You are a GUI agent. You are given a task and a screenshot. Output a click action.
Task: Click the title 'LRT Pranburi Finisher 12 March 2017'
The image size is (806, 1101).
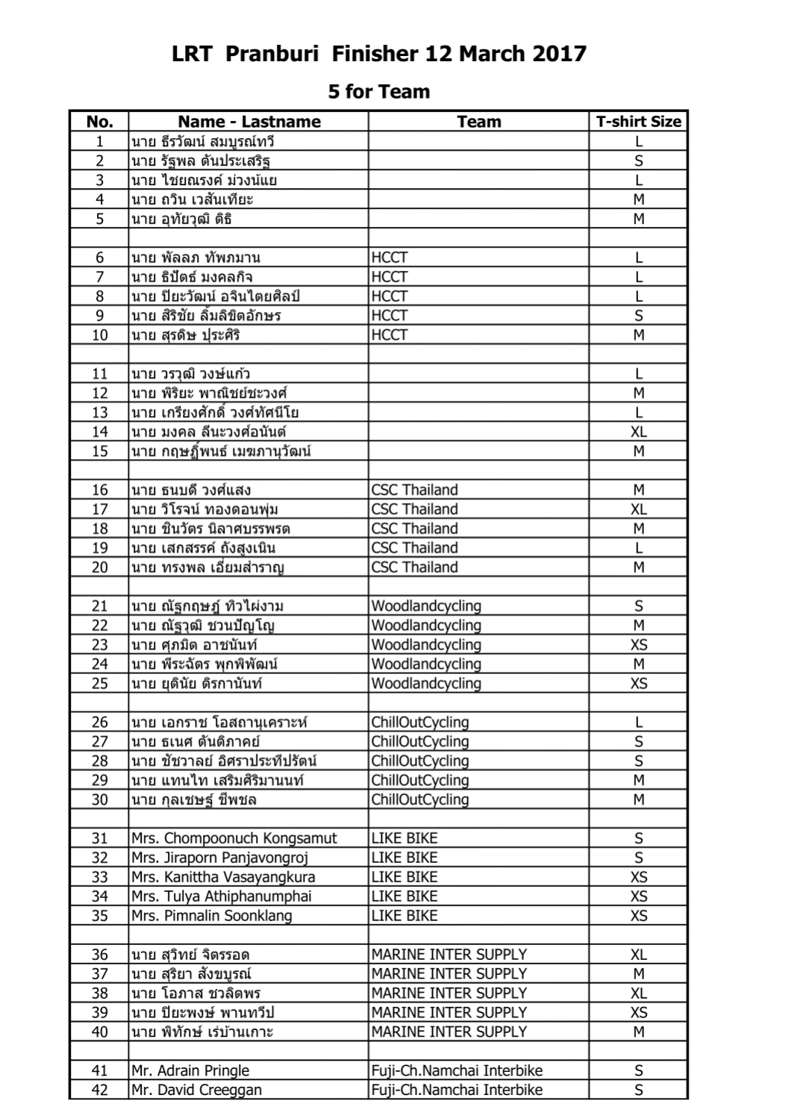coord(379,54)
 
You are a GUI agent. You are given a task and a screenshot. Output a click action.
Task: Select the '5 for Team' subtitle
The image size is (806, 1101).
coord(379,92)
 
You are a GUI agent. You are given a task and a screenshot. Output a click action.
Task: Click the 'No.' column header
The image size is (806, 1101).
coord(99,122)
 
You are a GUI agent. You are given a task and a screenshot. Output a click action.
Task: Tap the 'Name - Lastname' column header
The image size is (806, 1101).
coord(249,122)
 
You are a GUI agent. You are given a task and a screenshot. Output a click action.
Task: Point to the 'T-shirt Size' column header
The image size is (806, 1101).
coord(638,122)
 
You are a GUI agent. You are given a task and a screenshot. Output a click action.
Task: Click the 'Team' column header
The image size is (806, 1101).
coord(478,122)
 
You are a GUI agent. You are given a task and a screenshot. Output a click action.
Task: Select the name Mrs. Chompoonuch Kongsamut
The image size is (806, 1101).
coord(234,838)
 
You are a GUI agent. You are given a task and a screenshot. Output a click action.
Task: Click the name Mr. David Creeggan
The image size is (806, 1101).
coord(196,1090)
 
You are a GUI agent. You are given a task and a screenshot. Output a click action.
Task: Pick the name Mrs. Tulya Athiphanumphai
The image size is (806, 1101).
coord(222,896)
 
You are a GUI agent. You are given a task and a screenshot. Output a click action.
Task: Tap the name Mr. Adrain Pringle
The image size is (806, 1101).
coord(190,1070)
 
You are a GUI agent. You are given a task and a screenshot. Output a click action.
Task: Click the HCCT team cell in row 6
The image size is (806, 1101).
coord(390,258)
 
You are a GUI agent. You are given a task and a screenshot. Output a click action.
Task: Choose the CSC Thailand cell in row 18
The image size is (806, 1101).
coord(414,528)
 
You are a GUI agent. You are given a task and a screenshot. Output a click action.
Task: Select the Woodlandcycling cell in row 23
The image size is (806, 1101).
coord(426,645)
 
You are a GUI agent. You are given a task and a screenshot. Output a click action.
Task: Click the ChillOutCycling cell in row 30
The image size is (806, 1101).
coord(420,799)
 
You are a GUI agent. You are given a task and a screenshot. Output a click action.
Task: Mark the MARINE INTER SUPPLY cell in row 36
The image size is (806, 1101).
coord(449,955)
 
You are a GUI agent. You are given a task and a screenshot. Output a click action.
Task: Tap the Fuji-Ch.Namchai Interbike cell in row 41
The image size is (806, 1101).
coord(457,1070)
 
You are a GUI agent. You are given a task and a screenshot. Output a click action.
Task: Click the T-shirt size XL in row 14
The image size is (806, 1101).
coord(638,431)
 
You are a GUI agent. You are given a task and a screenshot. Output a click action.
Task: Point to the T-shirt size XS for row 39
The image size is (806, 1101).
coord(638,1013)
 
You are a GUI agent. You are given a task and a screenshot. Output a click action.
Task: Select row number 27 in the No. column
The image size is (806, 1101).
coord(99,741)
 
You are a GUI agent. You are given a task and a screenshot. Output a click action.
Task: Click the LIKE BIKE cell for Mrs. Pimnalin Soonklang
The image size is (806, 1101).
coord(404,916)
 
